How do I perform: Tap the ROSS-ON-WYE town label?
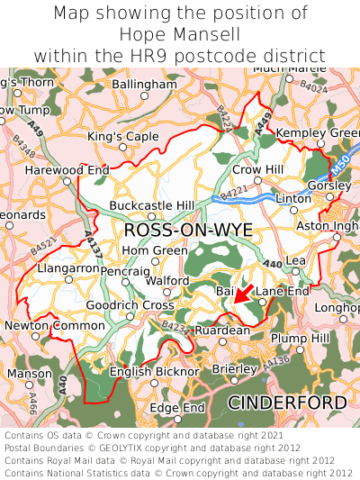point(188,231)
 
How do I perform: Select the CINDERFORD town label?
point(286,402)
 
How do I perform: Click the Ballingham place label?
point(147,84)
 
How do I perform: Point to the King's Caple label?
point(123,136)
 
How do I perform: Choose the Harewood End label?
point(67,169)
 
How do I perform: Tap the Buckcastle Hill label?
point(151,205)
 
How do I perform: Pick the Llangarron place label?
point(69,268)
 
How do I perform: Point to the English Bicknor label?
point(154,370)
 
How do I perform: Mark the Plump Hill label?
point(301,337)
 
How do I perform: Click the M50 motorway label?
point(338,168)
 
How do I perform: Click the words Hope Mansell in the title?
point(180,34)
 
